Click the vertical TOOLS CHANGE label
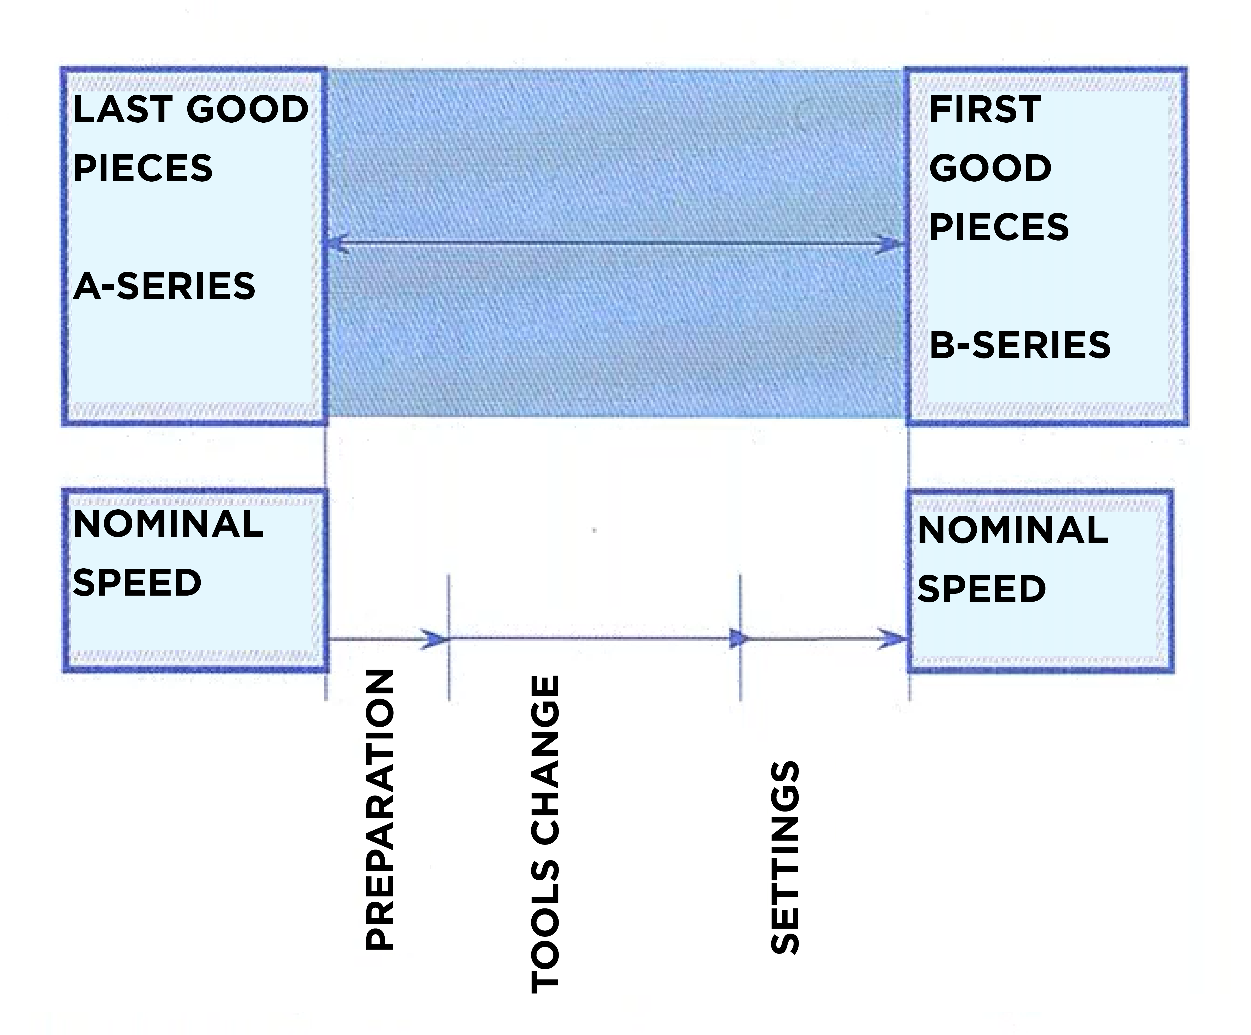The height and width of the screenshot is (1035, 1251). (545, 834)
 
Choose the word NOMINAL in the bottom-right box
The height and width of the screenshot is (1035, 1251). (1013, 530)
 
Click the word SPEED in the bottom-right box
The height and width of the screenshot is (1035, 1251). (982, 589)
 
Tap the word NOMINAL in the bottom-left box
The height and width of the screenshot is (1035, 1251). (168, 524)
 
